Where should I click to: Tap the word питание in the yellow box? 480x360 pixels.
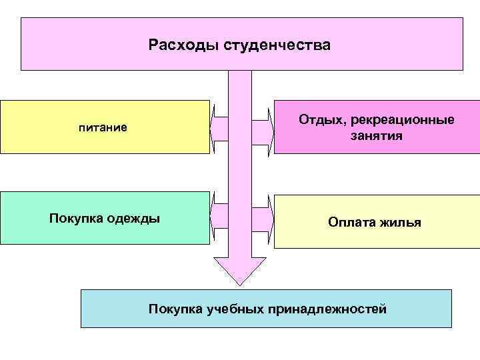click(x=103, y=127)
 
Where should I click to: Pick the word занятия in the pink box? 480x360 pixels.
click(x=376, y=136)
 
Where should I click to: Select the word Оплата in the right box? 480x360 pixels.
click(x=351, y=222)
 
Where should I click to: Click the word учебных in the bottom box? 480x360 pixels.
click(x=232, y=309)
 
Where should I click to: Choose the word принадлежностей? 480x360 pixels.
click(x=327, y=309)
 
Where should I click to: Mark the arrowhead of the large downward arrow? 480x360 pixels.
click(x=240, y=270)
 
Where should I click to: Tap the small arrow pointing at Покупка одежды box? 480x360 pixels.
click(x=219, y=217)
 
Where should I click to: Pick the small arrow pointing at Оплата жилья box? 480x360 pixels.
click(x=263, y=217)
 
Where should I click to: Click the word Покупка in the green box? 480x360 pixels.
click(x=75, y=218)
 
